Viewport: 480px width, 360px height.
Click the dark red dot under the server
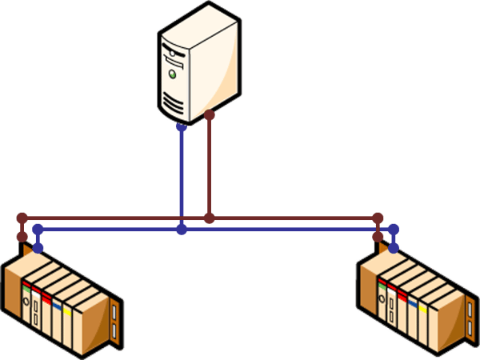210,116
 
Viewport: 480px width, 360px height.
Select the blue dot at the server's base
182,126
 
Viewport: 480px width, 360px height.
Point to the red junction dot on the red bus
210,218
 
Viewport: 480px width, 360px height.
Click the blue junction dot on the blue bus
182,229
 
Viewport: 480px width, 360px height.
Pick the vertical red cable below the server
210,168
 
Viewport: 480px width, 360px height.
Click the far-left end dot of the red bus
22,218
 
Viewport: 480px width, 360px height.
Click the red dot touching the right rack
378,238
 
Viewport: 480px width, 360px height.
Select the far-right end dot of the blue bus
393,229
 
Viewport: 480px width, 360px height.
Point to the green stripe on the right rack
382,281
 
